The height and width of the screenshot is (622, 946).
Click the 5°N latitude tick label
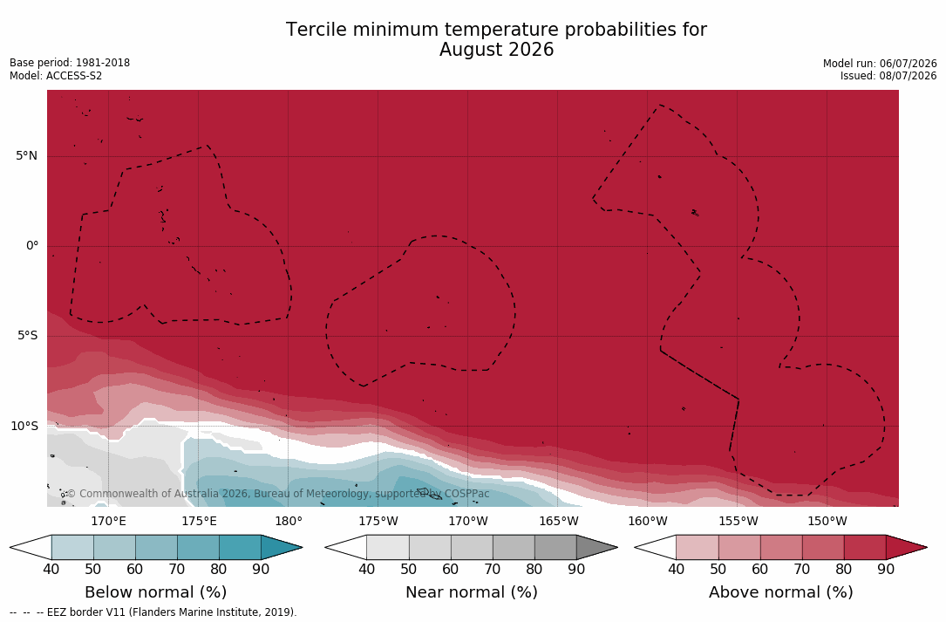point(26,156)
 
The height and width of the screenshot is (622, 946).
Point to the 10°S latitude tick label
point(24,427)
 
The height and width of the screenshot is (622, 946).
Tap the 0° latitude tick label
point(32,246)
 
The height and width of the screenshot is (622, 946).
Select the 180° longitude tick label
point(289,521)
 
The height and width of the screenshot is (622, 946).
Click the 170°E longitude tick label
point(109,521)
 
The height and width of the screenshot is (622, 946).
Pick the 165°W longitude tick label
point(559,521)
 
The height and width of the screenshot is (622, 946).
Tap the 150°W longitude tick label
point(827,521)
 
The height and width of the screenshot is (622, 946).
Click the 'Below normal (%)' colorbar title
point(156,592)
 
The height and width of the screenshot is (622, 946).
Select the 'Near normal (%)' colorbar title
point(471,592)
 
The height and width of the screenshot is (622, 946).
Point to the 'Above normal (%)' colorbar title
point(780,592)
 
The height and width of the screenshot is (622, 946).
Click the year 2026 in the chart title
point(530,50)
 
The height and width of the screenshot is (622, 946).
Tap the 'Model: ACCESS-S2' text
point(56,76)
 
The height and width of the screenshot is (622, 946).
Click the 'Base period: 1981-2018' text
point(70,63)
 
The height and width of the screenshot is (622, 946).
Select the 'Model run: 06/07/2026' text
point(880,64)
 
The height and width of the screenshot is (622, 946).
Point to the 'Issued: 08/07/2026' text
point(888,76)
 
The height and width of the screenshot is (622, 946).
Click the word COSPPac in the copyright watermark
point(466,494)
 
